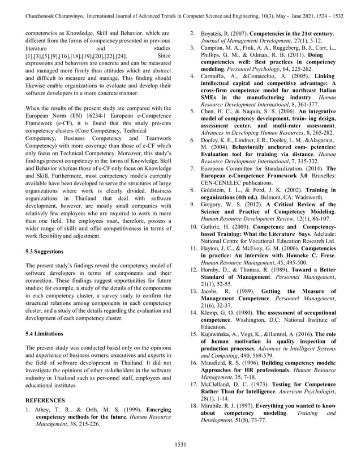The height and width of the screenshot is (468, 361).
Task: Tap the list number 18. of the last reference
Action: tap(193, 406)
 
